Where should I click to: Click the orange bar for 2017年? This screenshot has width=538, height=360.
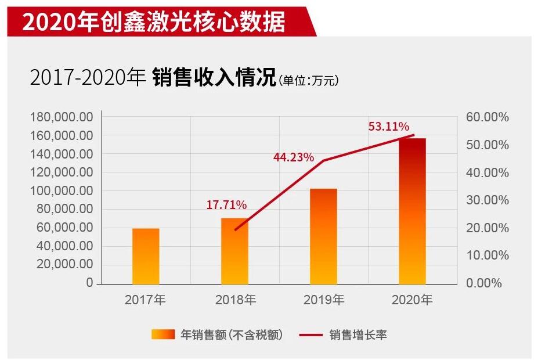click(146, 256)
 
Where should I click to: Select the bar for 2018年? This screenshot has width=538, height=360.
click(235, 251)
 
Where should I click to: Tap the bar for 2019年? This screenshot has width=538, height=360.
click(323, 236)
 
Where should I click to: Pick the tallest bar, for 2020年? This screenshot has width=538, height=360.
click(412, 211)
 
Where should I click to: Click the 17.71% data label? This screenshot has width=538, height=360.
click(226, 205)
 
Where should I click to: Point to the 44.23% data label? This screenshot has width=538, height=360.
click(294, 157)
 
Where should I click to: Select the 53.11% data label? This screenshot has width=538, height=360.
click(389, 127)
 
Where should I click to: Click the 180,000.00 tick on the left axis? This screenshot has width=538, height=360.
click(62, 117)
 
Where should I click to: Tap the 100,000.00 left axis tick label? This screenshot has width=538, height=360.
click(62, 191)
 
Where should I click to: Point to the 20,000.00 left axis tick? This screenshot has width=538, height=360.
click(64, 265)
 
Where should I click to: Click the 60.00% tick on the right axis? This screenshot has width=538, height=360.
click(488, 117)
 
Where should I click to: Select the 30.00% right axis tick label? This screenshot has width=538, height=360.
click(488, 200)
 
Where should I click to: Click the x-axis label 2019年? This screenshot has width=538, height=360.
click(324, 300)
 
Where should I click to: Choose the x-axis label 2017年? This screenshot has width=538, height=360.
click(145, 300)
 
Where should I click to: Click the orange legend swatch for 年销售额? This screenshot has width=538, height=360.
click(163, 334)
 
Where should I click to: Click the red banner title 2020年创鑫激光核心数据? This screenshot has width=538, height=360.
click(154, 22)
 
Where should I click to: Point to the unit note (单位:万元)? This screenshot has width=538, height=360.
click(308, 81)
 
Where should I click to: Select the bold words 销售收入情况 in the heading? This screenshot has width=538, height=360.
click(215, 78)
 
